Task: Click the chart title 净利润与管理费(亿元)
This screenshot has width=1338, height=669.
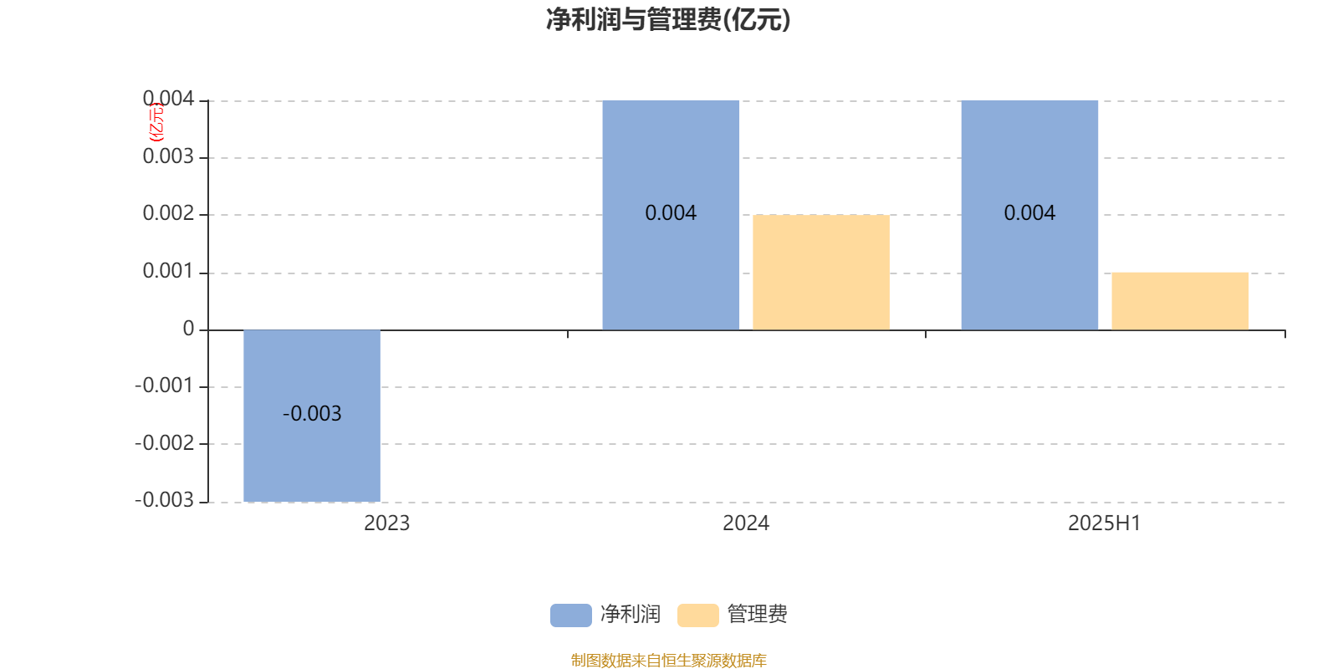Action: [668, 20]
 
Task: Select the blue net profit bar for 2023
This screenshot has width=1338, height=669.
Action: [312, 416]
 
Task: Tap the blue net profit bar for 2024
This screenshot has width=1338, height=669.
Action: [671, 215]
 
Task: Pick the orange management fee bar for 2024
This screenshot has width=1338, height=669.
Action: [821, 273]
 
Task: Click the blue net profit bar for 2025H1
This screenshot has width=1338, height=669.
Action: [1029, 215]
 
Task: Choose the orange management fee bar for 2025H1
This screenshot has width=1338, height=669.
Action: [1180, 301]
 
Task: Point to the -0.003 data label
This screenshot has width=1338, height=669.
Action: [312, 413]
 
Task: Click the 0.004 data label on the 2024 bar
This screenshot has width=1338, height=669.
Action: [671, 212]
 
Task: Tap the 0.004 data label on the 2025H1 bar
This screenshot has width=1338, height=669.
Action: [1029, 212]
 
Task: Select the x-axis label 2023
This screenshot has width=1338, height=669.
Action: [387, 523]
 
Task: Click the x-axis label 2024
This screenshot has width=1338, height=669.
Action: [746, 523]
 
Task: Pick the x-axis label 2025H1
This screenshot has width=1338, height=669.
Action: [1105, 523]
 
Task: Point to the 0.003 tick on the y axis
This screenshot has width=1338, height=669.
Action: [168, 156]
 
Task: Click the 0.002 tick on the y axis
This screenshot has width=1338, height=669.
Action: [168, 213]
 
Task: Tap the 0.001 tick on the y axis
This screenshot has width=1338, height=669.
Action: [168, 271]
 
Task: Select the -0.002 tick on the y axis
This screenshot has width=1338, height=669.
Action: [165, 443]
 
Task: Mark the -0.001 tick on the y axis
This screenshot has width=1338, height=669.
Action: [165, 386]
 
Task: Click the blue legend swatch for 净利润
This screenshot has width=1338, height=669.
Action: [571, 615]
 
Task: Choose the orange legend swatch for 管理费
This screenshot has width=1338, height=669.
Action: [698, 615]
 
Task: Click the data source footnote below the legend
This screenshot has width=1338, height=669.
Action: [668, 660]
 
